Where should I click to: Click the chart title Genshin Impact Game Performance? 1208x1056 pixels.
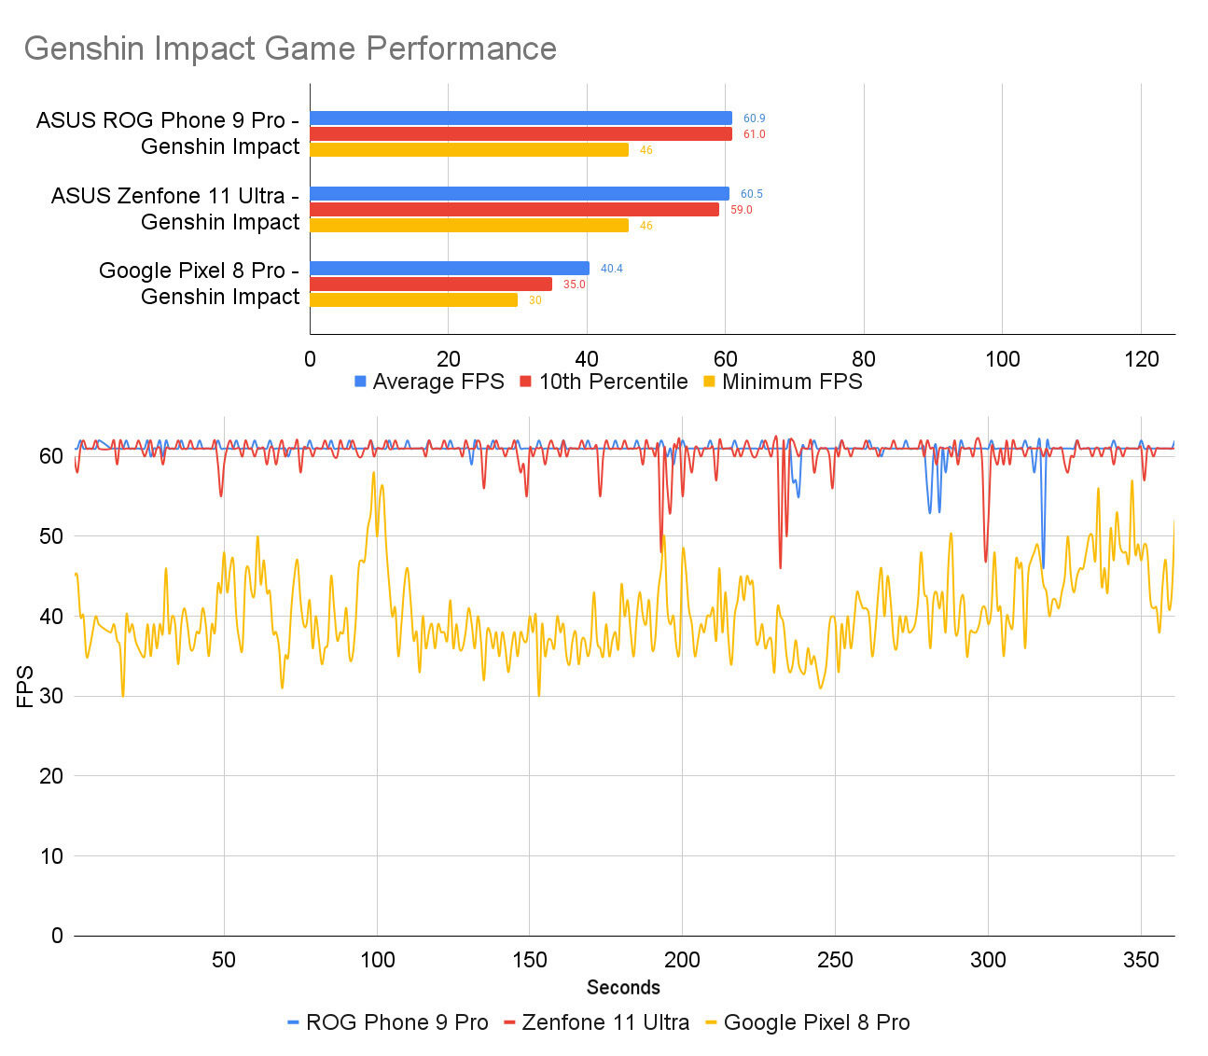[x=290, y=49]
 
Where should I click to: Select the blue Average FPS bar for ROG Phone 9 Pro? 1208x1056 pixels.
[x=521, y=118]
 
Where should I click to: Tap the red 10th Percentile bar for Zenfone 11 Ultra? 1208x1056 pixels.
[x=514, y=210]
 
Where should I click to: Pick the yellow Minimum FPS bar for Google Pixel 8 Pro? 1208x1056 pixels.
[x=413, y=300]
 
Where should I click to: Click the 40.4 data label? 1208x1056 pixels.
[x=611, y=269]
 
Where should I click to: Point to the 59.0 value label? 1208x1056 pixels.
[x=741, y=210]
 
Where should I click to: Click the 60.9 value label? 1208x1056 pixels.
[x=754, y=118]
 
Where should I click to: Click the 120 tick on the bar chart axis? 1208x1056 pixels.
[x=1142, y=360]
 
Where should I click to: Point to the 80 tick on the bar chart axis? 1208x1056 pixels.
[x=864, y=360]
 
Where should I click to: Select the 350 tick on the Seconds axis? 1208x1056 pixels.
[x=1141, y=960]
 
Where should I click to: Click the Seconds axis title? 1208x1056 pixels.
[x=623, y=988]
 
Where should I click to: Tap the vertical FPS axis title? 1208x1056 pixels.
[x=25, y=687]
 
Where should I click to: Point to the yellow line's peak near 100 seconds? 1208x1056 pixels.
[x=374, y=473]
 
